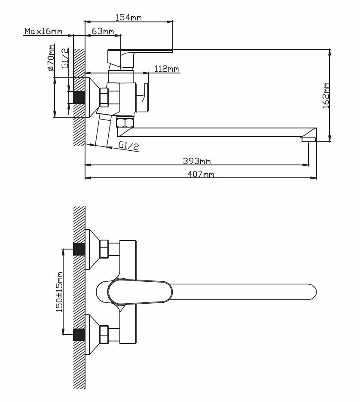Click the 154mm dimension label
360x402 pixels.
point(128,17)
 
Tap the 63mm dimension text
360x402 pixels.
point(103,31)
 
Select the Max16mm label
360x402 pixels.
point(43,31)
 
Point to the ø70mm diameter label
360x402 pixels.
point(51,58)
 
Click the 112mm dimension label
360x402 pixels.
point(167,69)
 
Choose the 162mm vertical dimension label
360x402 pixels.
point(326,96)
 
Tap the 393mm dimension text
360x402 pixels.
point(197,161)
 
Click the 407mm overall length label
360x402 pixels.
point(201,174)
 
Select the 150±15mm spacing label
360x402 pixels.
point(59,292)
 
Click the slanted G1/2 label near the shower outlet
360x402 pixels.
point(129,146)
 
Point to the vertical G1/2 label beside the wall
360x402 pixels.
point(65,58)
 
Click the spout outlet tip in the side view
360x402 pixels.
point(308,140)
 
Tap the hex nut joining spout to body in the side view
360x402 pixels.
point(125,122)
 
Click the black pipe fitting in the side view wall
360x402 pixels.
point(79,97)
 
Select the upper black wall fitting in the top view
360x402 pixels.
point(79,249)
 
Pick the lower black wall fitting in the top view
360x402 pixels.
point(79,335)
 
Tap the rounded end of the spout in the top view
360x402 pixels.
point(311,292)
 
